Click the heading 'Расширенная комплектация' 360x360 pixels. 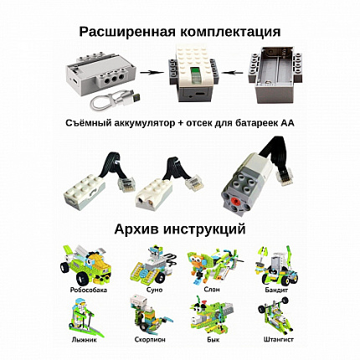point(180,33)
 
